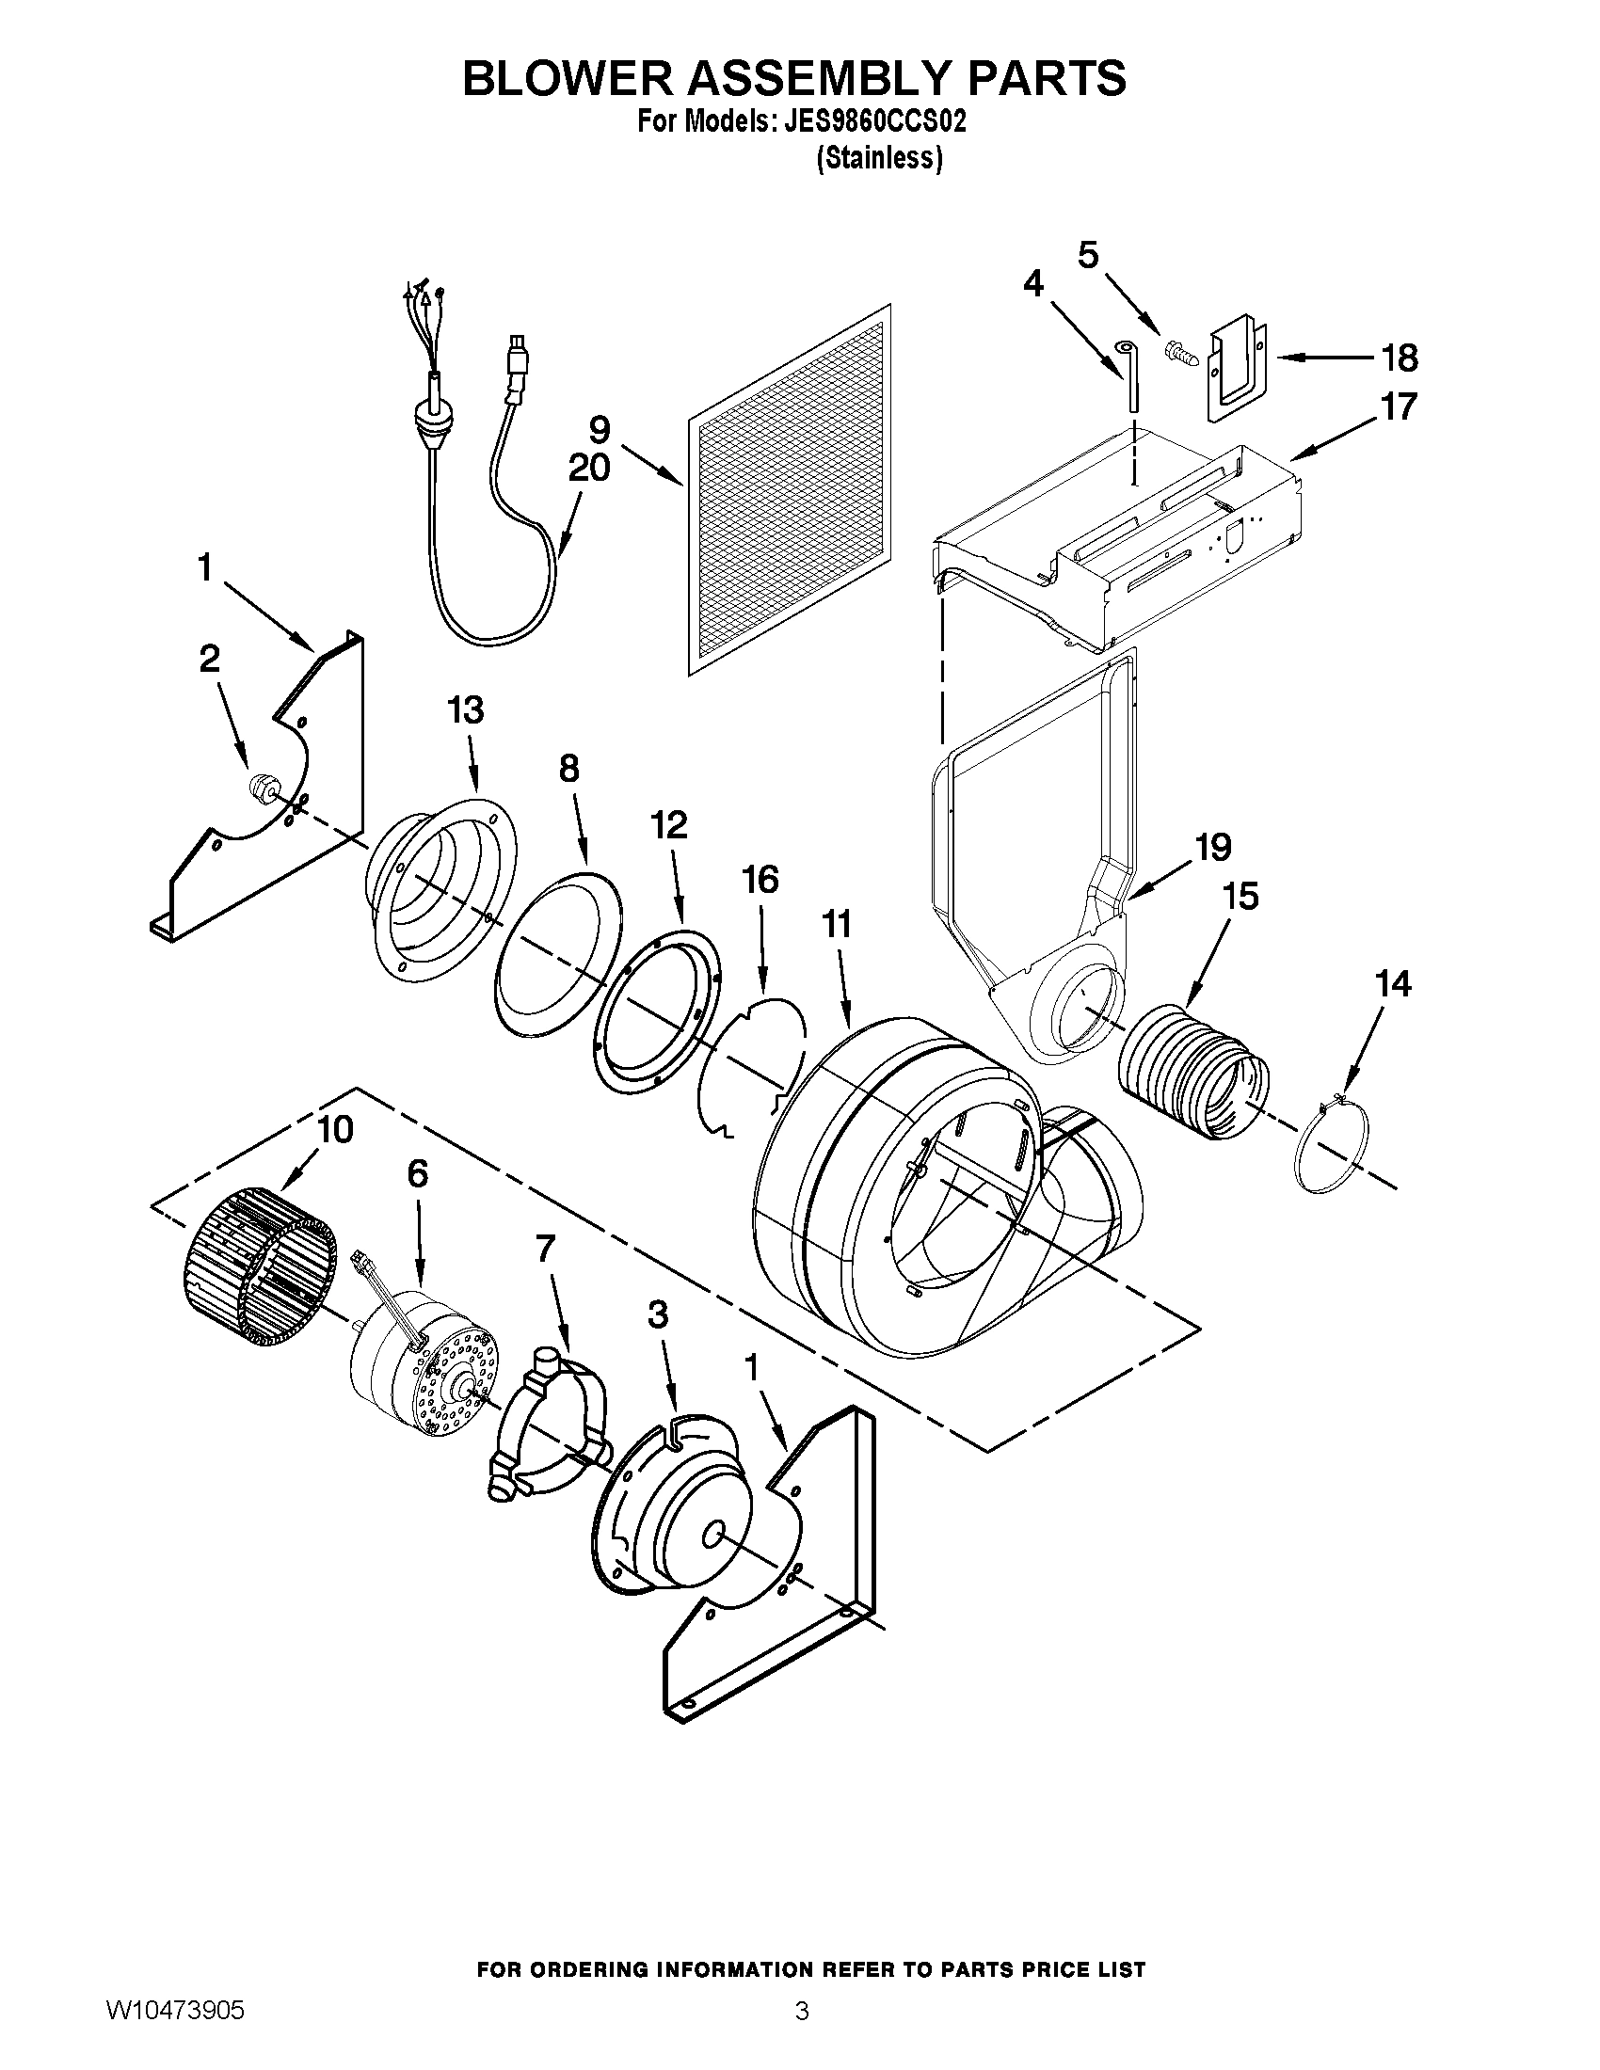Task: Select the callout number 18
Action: pyautogui.click(x=1399, y=358)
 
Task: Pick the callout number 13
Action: pyautogui.click(x=464, y=709)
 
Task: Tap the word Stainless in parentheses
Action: pyautogui.click(x=879, y=158)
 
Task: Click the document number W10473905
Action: pyautogui.click(x=174, y=2035)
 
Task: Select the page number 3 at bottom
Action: pyautogui.click(x=801, y=2035)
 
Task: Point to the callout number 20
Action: pyautogui.click(x=588, y=469)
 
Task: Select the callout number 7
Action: pyautogui.click(x=544, y=1250)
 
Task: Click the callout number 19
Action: pyautogui.click(x=1213, y=848)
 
